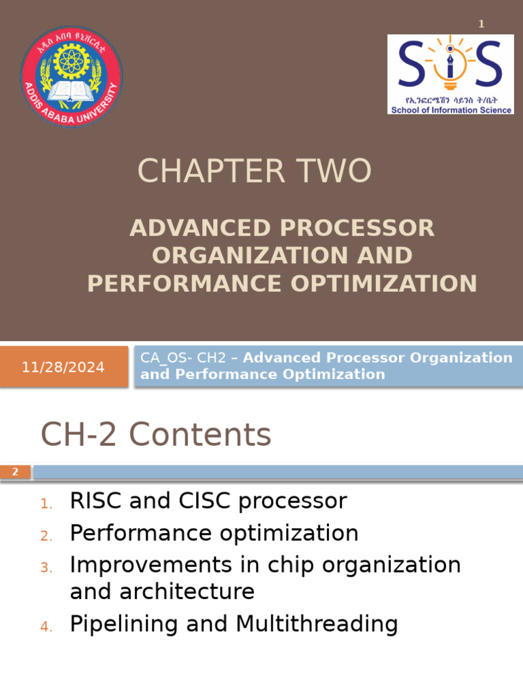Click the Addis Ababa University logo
coord(72,76)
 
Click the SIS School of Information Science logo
coord(450,74)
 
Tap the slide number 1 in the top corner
coord(481,25)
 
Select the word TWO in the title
coord(339,171)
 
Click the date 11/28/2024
coord(63,368)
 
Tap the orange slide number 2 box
coord(16,472)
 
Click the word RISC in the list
coord(95,502)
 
